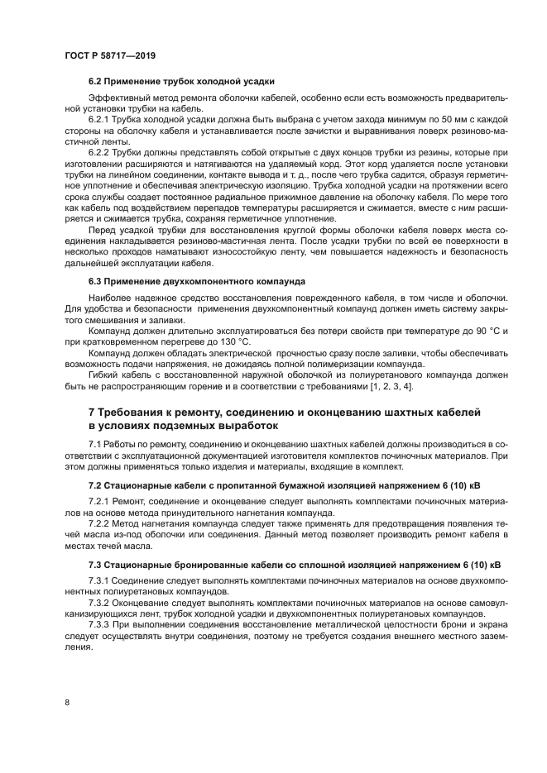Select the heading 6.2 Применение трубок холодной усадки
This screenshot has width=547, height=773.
click(x=181, y=81)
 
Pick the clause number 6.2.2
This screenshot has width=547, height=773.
click(x=99, y=153)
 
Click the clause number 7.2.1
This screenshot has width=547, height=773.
click(x=99, y=500)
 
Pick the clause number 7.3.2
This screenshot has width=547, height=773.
click(x=99, y=602)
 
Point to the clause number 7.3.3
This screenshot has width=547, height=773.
click(x=99, y=625)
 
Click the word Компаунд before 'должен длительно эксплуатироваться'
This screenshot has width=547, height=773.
click(x=111, y=330)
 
